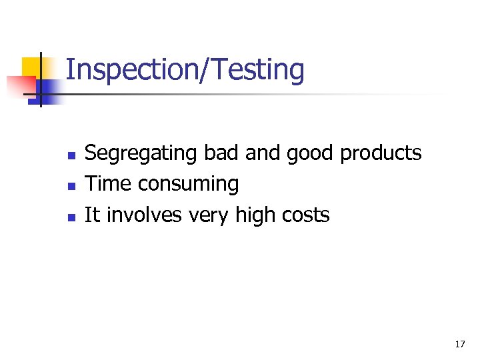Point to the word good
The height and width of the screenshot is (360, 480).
coord(311,154)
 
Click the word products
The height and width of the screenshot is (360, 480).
coord(381,154)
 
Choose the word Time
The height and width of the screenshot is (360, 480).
coord(109,183)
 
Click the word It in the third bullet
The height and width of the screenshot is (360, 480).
coord(92,215)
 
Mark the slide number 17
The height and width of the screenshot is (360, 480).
coord(459,344)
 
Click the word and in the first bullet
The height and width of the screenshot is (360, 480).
coord(263,153)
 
